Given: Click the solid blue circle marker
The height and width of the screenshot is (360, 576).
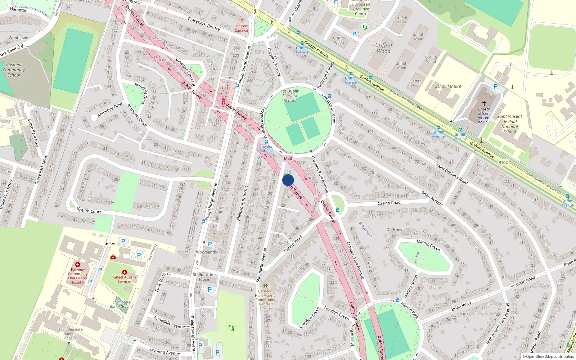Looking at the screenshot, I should tap(288, 180).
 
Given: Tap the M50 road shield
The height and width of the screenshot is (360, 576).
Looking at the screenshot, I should tap(288, 158).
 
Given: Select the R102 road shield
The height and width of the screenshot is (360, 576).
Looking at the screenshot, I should tap(503, 162).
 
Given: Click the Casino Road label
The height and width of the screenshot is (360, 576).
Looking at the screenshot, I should tap(389, 203).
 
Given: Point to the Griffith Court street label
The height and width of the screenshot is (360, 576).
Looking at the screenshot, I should tap(89, 211).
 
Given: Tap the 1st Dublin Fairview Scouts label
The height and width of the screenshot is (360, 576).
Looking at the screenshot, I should tap(290, 96).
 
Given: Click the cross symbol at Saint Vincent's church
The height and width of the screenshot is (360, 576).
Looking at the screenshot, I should tap(484, 103).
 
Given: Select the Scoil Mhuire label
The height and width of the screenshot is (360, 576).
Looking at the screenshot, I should tap(448, 86).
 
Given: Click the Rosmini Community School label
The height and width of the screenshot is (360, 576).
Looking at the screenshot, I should tap(14, 70).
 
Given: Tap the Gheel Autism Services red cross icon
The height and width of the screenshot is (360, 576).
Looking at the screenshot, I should tap(125, 272).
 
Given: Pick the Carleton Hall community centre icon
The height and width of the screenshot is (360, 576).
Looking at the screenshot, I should tap(265, 286).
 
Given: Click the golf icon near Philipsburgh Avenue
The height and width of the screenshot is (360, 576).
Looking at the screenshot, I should tap(231, 328).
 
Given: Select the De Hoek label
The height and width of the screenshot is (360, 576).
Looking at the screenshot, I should tap(394, 229).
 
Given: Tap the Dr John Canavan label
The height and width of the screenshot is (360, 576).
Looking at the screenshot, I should tap(242, 28).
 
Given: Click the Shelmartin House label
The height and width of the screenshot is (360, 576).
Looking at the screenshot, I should tap(203, 276).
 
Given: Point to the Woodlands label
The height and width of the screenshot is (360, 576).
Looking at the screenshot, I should tap(206, 252).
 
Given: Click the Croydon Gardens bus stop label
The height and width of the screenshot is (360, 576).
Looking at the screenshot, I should tap(266, 148).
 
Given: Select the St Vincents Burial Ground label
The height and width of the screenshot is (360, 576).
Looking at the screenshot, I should tap(121, 305).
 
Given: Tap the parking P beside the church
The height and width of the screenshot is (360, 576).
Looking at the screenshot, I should tap(495, 86).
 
